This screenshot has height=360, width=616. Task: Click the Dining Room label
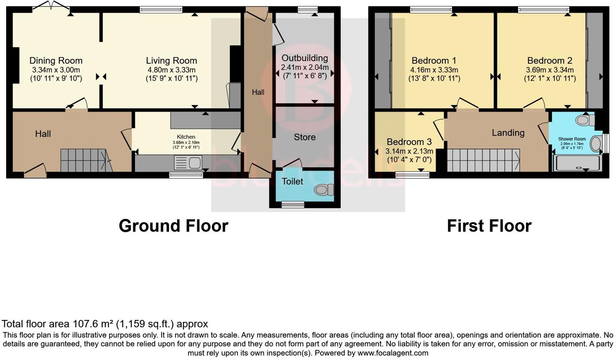pyautogui.click(x=56, y=61)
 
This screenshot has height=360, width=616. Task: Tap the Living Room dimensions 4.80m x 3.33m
pyautogui.click(x=171, y=70)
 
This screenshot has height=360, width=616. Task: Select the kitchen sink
pyautogui.click(x=188, y=163)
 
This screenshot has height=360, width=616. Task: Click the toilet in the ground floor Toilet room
pyautogui.click(x=324, y=190)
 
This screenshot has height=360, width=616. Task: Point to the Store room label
pyautogui.click(x=305, y=137)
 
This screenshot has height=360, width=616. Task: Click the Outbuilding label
pyautogui.click(x=305, y=58)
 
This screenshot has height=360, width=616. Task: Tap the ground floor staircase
pyautogui.click(x=84, y=160)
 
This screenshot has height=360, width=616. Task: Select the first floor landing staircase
pyautogui.click(x=483, y=160)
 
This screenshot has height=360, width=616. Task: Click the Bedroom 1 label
pyautogui.click(x=434, y=61)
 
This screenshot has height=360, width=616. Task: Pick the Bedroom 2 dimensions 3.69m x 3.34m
pyautogui.click(x=550, y=70)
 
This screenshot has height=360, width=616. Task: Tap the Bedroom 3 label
pyautogui.click(x=409, y=142)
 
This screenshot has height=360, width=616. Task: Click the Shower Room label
pyautogui.click(x=572, y=139)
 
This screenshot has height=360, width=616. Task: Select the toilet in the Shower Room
pyautogui.click(x=584, y=120)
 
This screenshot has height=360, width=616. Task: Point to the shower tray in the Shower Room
pyautogui.click(x=577, y=163)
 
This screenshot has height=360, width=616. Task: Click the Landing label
pyautogui.click(x=508, y=133)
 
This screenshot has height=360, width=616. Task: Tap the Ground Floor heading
pyautogui.click(x=173, y=226)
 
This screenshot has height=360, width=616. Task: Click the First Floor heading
pyautogui.click(x=489, y=226)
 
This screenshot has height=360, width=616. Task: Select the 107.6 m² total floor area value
pyautogui.click(x=93, y=324)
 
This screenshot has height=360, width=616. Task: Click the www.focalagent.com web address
pyautogui.click(x=393, y=353)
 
